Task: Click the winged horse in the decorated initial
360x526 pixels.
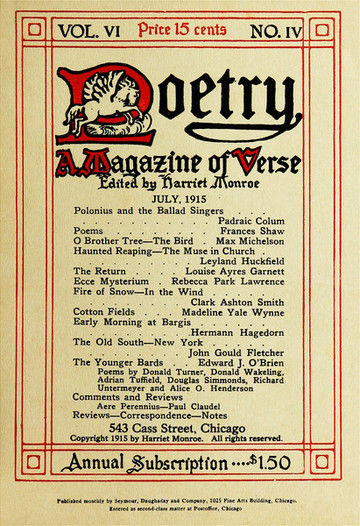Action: (x=108, y=106)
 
